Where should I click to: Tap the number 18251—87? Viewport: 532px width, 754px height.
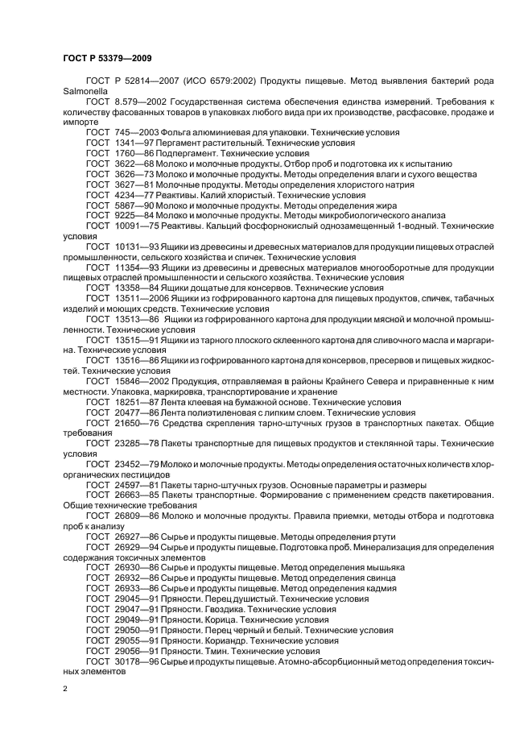135,401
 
